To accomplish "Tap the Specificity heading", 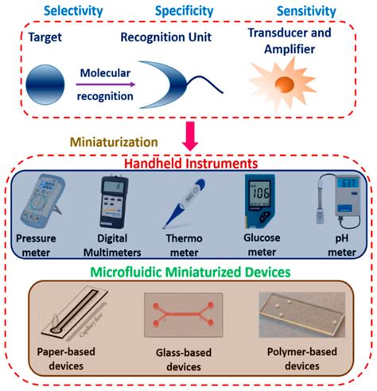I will [x=184, y=10].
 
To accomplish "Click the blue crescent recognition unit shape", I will [x=165, y=81].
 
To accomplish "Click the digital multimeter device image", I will [x=111, y=200].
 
